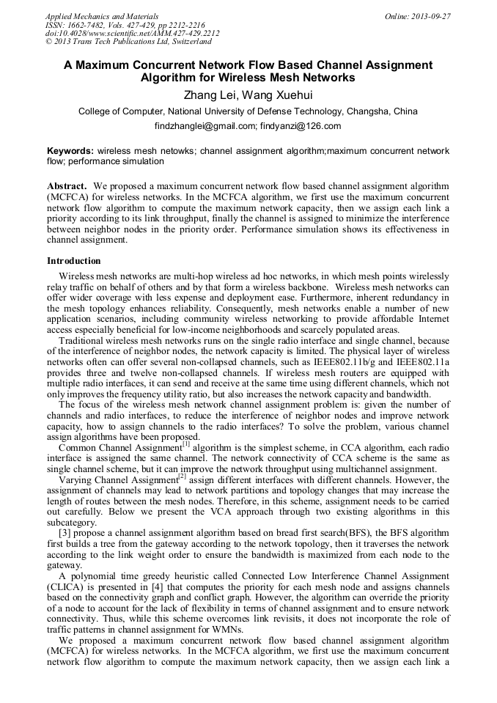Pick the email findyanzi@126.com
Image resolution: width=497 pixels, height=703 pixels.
point(301,126)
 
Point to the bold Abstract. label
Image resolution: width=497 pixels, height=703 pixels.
point(67,187)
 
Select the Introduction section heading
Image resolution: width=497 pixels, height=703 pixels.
point(74,260)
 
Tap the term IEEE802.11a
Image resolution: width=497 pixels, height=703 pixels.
point(421,362)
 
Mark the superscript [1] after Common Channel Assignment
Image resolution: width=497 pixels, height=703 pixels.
point(186,443)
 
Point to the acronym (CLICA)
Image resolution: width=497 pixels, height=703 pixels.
point(67,587)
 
